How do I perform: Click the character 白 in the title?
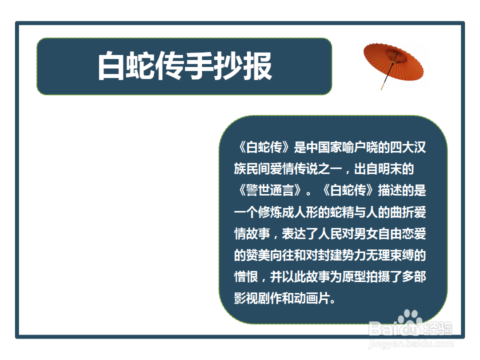pyautogui.click(x=111, y=66)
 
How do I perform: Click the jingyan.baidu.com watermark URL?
pyautogui.click(x=410, y=344)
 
